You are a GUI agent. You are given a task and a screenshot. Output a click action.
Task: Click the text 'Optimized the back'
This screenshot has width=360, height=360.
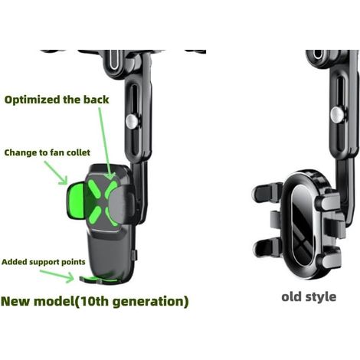[57, 100]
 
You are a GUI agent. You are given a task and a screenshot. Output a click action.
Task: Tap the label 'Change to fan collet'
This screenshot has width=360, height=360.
[47, 152]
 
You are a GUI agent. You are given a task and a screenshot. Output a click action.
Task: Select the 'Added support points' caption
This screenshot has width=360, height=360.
[44, 262]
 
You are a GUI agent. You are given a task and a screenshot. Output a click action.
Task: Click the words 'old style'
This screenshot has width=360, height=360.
[309, 297]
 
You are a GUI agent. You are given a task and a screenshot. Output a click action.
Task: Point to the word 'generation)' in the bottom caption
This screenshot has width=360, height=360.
[151, 302]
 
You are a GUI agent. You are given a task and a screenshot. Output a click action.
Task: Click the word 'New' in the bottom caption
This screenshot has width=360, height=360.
[16, 301]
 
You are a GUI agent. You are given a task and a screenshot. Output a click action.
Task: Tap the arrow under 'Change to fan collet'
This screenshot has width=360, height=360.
[56, 172]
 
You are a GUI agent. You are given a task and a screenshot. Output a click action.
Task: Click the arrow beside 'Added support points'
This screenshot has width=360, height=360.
[57, 277]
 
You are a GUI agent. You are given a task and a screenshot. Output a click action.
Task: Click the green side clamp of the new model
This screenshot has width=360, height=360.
[75, 201]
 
